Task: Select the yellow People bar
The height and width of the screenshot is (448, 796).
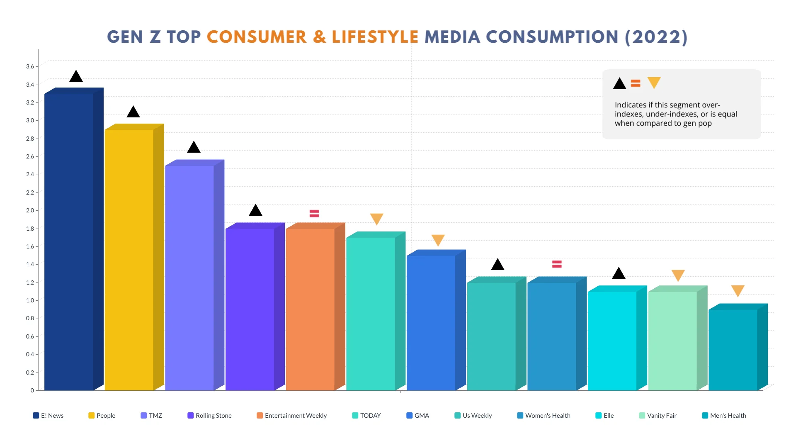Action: [129, 260]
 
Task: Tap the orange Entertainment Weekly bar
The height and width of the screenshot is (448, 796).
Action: [310, 309]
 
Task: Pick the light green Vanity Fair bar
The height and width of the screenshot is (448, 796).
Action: [672, 341]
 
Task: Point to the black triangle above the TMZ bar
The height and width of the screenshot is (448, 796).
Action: [194, 148]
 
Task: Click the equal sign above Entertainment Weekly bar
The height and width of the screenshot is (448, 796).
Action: [314, 214]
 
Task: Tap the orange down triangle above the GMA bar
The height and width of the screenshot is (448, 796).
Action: [438, 240]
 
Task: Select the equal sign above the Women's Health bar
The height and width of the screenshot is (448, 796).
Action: [557, 264]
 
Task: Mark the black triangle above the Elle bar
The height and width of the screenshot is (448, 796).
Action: [619, 274]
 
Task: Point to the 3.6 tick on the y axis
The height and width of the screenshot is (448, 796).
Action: [30, 66]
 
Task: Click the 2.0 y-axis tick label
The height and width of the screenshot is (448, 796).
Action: [30, 210]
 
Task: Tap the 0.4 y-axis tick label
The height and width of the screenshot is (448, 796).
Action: [30, 354]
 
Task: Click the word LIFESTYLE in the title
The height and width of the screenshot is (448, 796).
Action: [375, 37]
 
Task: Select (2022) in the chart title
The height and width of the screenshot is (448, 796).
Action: [656, 37]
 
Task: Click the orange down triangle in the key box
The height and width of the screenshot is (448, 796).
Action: [654, 83]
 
